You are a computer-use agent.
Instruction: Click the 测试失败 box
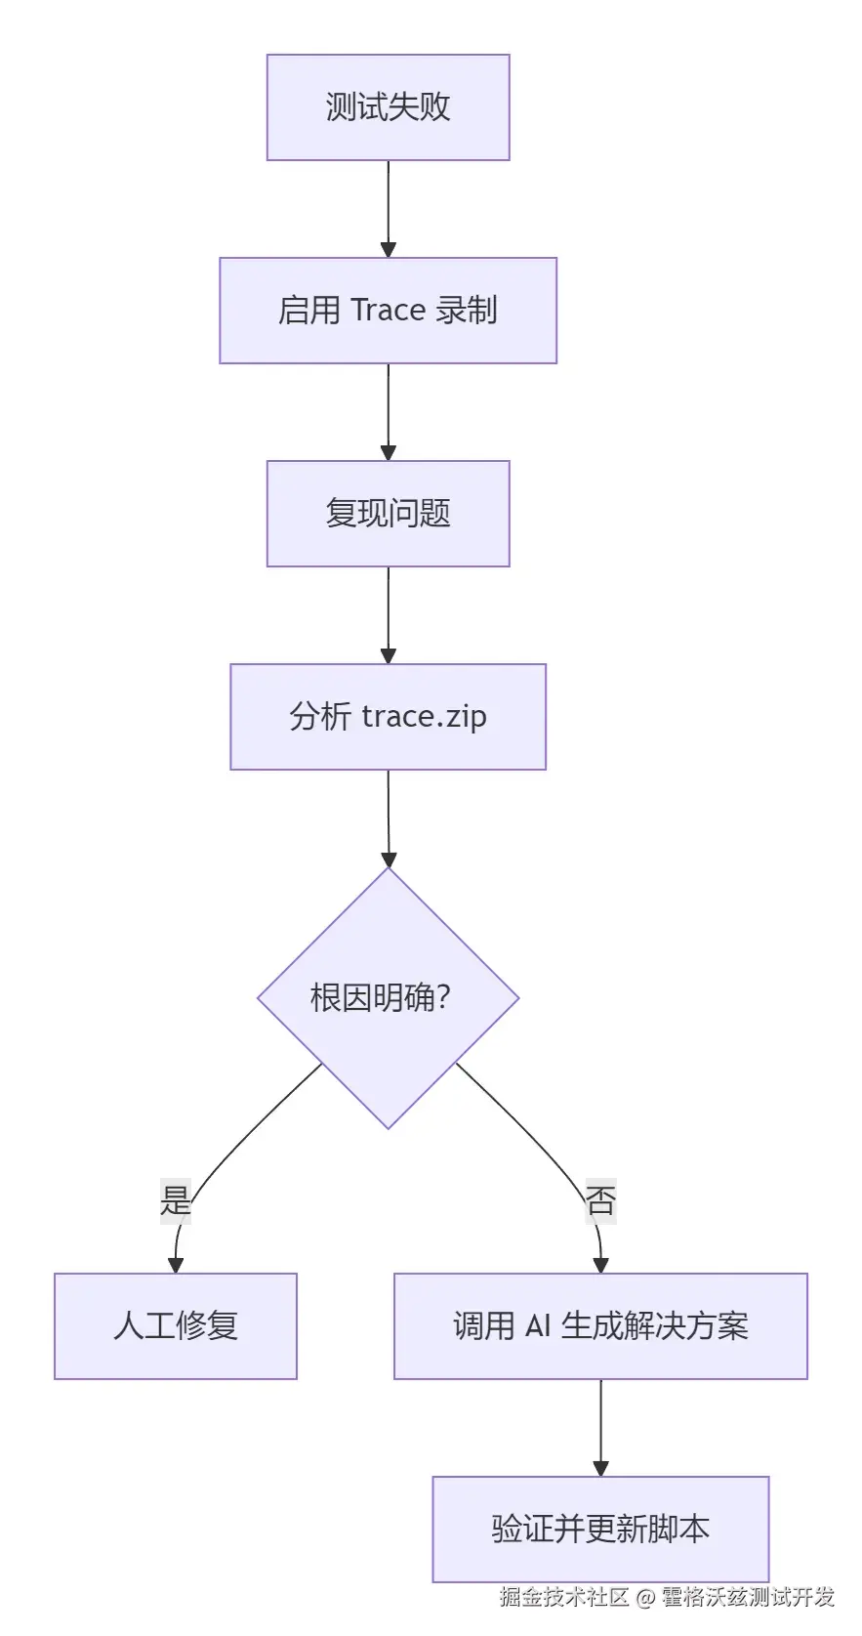pyautogui.click(x=388, y=107)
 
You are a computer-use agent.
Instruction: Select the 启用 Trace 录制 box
pyautogui.click(x=388, y=311)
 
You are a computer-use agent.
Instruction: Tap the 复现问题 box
pyautogui.click(x=388, y=514)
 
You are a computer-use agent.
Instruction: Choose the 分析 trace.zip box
pyautogui.click(x=388, y=717)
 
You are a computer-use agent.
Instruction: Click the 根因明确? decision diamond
pyautogui.click(x=388, y=997)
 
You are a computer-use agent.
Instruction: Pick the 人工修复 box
pyautogui.click(x=176, y=1325)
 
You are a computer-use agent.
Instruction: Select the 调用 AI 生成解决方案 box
pyautogui.click(x=600, y=1325)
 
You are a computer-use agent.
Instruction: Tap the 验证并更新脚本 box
pyautogui.click(x=600, y=1529)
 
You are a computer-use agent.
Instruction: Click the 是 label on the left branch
pyautogui.click(x=176, y=1200)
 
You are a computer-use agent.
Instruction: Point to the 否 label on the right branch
pyautogui.click(x=600, y=1200)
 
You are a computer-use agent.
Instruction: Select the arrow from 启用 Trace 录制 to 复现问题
pyautogui.click(x=388, y=411)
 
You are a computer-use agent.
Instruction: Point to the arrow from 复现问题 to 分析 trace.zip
pyautogui.click(x=388, y=614)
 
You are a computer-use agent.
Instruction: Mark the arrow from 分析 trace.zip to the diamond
pyautogui.click(x=388, y=818)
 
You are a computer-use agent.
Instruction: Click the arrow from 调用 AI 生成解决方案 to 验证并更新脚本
pyautogui.click(x=600, y=1427)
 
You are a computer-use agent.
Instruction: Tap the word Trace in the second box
pyautogui.click(x=388, y=311)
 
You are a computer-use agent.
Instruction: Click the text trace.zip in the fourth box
pyautogui.click(x=424, y=717)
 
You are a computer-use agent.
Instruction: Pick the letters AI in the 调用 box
pyautogui.click(x=538, y=1325)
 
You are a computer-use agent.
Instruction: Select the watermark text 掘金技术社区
pyautogui.click(x=564, y=1597)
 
